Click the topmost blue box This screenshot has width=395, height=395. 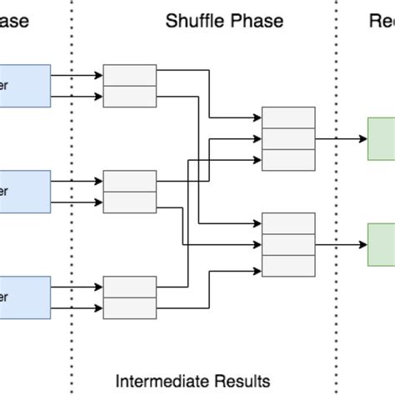click(25, 85)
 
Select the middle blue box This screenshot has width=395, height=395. click(25, 191)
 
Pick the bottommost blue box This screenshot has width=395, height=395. click(25, 297)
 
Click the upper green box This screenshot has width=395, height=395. click(382, 138)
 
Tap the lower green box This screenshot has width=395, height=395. click(382, 244)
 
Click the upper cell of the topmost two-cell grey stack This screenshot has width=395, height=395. click(129, 75)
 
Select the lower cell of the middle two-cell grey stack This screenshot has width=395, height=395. click(129, 202)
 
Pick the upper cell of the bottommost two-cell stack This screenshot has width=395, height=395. click(129, 287)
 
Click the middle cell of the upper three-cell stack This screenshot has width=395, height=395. click(288, 138)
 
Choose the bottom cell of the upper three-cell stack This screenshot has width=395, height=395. click(288, 159)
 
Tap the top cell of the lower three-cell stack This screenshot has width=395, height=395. click(288, 223)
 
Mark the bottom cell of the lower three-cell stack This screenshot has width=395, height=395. click(288, 265)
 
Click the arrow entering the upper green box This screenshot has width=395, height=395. click(342, 138)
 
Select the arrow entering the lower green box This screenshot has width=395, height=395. click(342, 244)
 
